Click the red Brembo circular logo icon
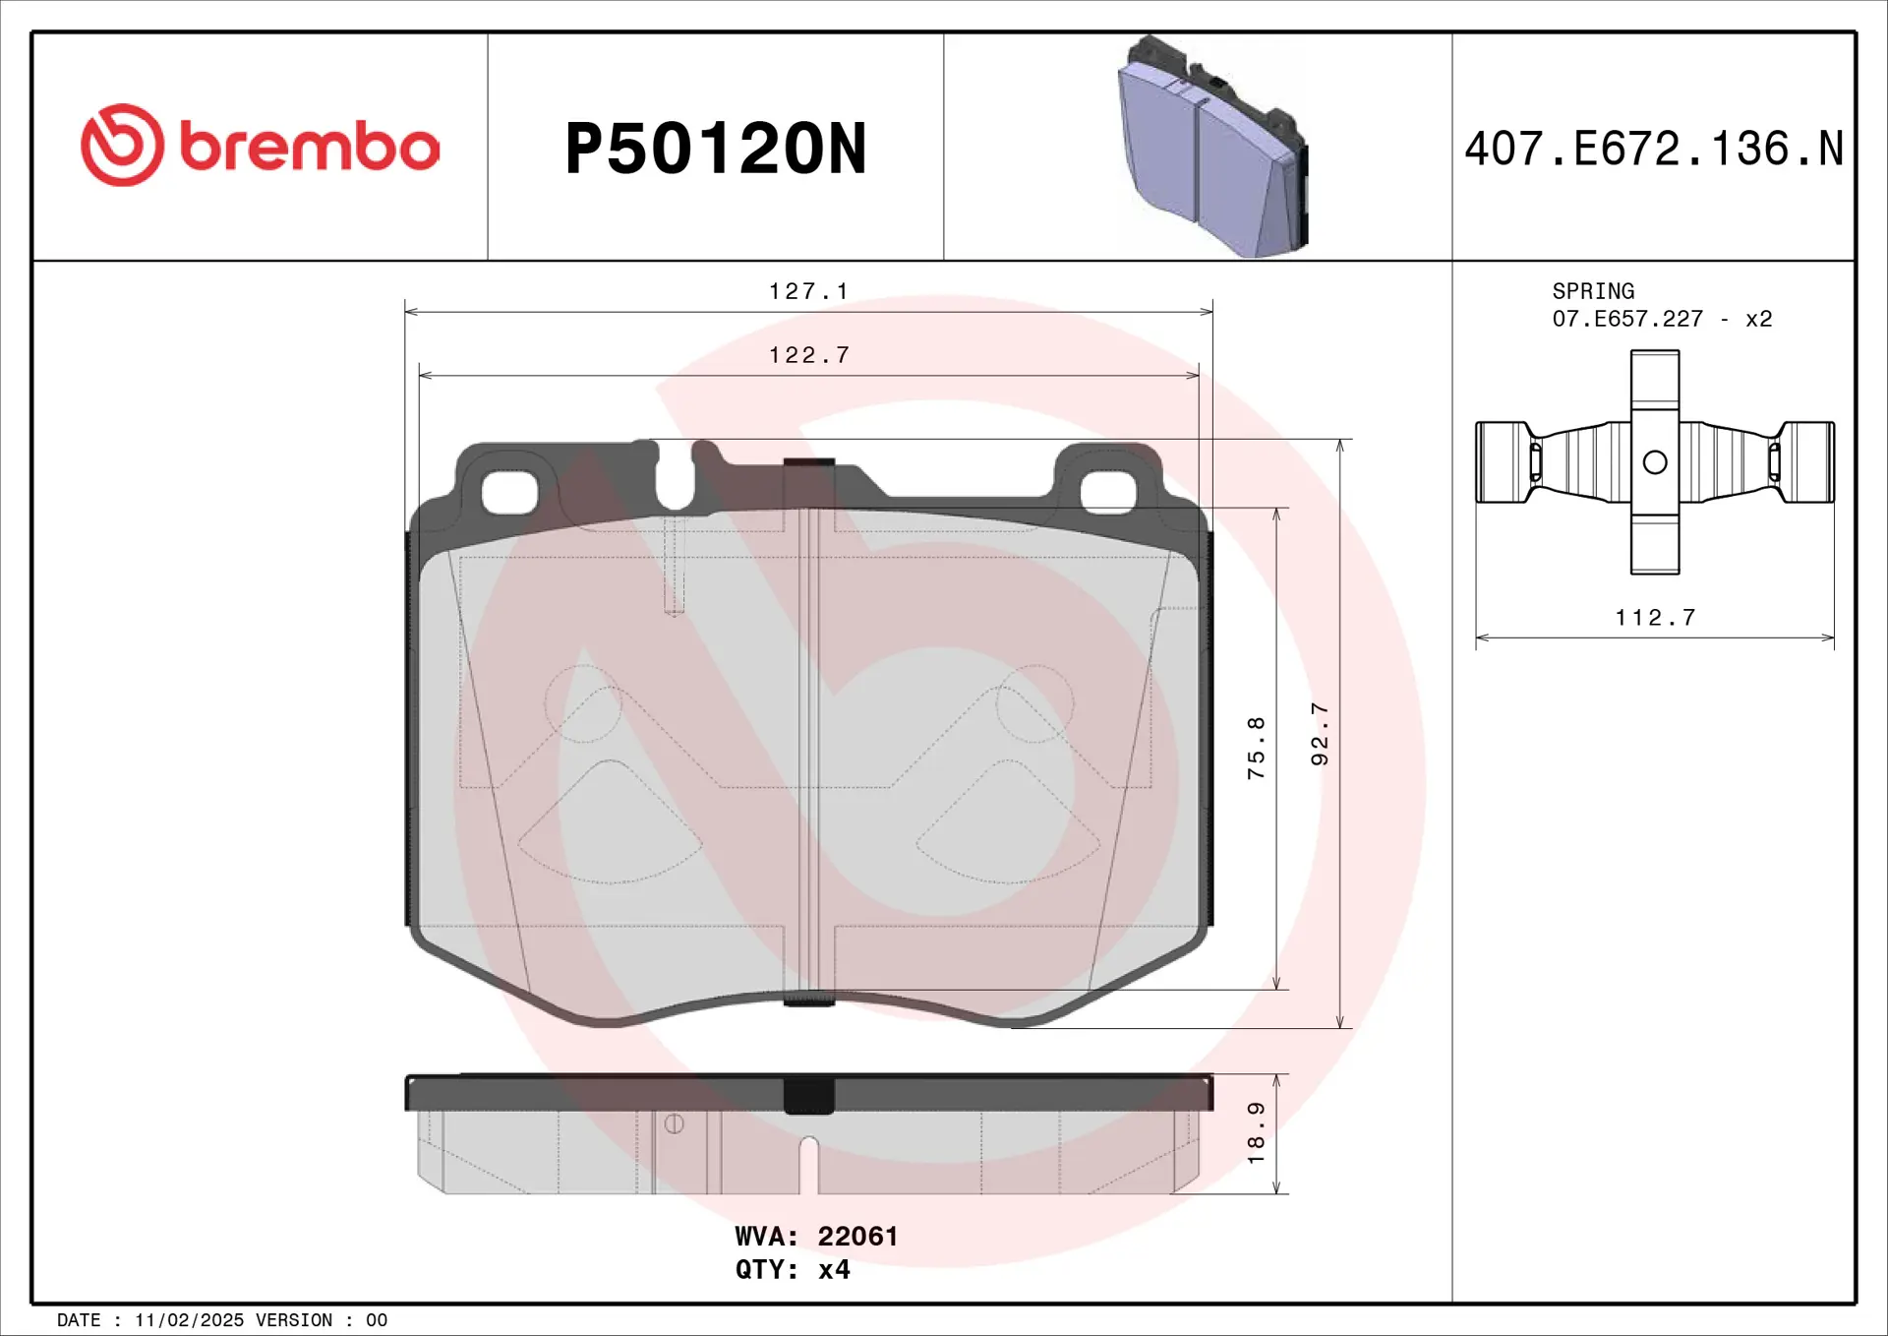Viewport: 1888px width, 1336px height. (122, 145)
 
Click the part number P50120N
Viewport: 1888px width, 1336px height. (715, 150)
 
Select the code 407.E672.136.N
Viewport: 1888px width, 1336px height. (1653, 150)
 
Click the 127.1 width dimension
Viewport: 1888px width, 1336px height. (807, 291)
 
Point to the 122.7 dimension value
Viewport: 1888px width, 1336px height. (807, 355)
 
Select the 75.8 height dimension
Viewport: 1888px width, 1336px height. (1256, 748)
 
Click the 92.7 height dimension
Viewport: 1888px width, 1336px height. (1320, 734)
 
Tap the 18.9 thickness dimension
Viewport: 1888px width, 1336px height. (1256, 1132)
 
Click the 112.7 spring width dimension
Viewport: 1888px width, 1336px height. (1655, 618)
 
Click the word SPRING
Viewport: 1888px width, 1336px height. (1593, 291)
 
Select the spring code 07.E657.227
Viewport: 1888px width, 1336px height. (1627, 319)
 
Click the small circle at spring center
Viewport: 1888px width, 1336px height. (1655, 461)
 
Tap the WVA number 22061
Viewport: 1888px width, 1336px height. (857, 1237)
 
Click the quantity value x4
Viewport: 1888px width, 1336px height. (834, 1270)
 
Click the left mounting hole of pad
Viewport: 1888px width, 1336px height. (510, 492)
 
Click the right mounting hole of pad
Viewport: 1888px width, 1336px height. (1108, 492)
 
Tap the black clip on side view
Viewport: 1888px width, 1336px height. (808, 1095)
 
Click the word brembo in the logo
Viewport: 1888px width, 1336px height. (309, 147)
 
